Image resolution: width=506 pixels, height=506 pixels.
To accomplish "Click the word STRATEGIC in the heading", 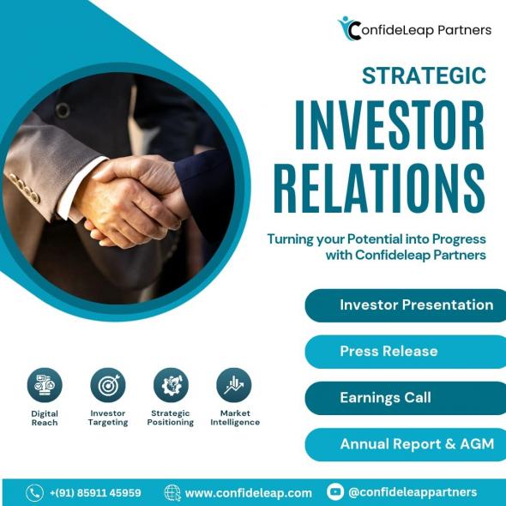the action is [x=424, y=75].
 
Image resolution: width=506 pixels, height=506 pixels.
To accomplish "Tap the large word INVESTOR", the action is [x=390, y=125].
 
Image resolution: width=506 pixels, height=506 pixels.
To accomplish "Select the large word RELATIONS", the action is [x=379, y=188].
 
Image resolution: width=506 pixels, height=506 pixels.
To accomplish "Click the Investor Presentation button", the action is [x=406, y=305].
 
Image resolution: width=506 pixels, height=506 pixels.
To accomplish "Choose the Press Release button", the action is [x=406, y=352].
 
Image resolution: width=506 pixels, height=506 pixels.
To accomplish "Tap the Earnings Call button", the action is [x=406, y=398].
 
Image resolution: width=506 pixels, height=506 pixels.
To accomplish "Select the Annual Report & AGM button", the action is [x=406, y=444].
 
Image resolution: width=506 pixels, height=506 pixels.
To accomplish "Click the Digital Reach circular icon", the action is [x=45, y=385].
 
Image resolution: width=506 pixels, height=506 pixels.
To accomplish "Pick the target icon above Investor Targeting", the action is [x=108, y=385].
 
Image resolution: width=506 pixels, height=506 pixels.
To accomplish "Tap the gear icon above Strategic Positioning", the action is [x=171, y=385].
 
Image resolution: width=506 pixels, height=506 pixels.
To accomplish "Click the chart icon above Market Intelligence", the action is [x=234, y=385].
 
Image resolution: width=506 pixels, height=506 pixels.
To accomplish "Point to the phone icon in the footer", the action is [x=34, y=493].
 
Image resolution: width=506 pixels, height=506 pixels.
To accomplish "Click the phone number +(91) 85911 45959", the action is [x=95, y=493].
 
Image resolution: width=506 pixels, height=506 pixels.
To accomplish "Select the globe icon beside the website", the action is [x=172, y=493].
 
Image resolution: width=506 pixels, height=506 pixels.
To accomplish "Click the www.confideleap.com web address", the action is [x=249, y=493].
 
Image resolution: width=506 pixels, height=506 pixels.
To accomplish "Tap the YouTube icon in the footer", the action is [x=335, y=491].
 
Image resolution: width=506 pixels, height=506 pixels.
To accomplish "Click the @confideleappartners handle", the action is [x=413, y=492].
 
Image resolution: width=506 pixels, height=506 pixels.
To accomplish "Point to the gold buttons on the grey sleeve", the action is [x=24, y=188].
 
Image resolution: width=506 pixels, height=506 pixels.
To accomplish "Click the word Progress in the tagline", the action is [x=459, y=239].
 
